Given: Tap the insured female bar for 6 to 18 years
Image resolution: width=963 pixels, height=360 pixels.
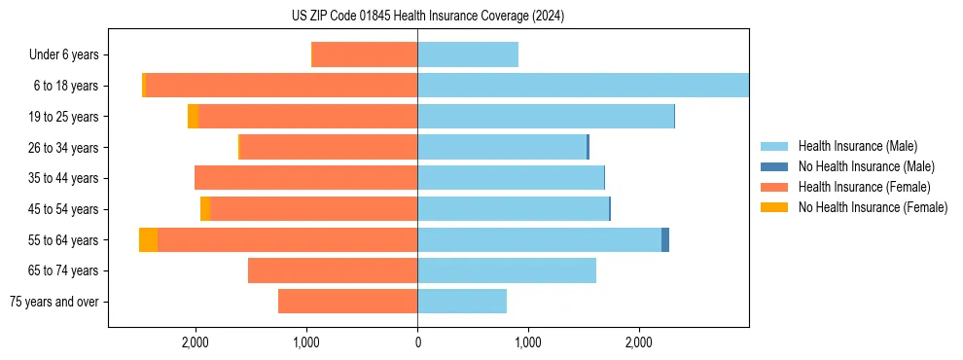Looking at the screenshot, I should pos(281,86).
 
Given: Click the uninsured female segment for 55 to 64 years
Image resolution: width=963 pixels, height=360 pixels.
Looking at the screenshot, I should pos(148,240).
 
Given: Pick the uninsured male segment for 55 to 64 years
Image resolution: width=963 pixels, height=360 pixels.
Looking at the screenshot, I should pos(665,240).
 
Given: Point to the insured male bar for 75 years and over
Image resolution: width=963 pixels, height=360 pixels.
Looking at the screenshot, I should pos(462,302).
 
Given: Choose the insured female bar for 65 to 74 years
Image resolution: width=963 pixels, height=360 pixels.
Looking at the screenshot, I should pos(333,270).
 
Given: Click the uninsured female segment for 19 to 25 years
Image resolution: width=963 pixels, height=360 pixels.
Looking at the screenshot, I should pos(193,117).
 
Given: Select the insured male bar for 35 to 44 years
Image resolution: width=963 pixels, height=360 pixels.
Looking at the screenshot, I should pos(511,178).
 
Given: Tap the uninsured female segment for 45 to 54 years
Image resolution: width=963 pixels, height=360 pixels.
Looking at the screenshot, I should pos(205,209).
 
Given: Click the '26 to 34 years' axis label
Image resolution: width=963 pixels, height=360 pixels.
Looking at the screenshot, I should pos(71,148).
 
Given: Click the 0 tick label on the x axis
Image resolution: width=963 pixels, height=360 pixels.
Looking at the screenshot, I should pos(417,343).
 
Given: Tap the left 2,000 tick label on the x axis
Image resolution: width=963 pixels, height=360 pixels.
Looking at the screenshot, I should pos(196,343).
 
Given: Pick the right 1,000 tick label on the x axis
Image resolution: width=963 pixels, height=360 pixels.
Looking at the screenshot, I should pos(528,343).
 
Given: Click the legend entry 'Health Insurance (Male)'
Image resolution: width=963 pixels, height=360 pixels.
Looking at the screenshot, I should pos(857,146).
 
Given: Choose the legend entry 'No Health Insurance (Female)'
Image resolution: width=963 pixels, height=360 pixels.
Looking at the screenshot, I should pos(873,207).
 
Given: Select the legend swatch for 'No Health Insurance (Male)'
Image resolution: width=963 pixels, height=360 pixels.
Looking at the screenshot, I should pos(774,166).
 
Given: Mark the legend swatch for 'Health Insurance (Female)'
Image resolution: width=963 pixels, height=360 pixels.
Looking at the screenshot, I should pos(774,187).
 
